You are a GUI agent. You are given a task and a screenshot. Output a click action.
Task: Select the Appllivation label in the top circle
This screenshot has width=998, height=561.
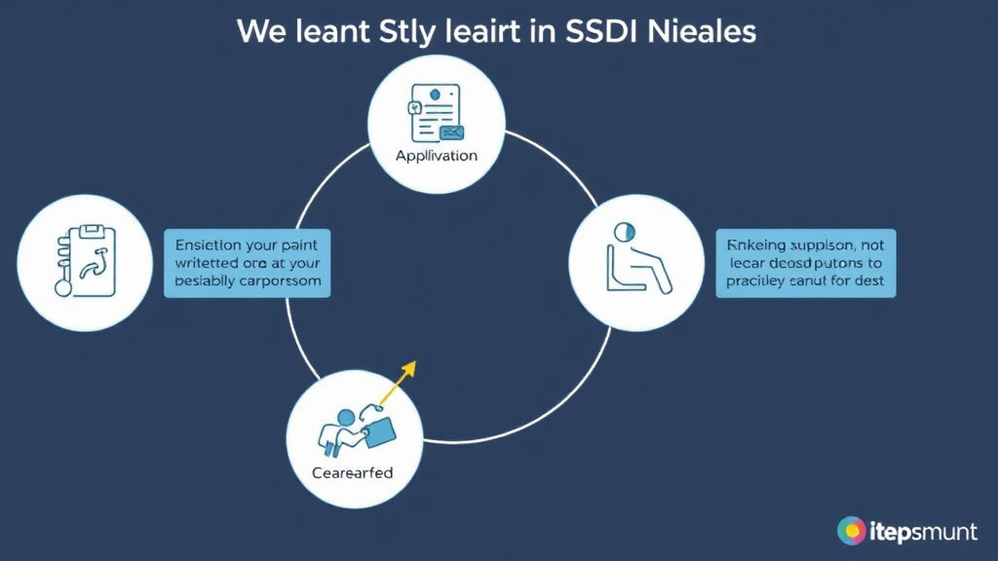[x=436, y=156]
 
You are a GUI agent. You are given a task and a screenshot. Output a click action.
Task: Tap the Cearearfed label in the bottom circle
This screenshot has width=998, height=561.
[x=353, y=473]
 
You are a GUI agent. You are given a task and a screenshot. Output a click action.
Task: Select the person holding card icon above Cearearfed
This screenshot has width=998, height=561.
[x=356, y=426]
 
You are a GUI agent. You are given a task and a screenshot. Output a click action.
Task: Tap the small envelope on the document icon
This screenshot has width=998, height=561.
[x=451, y=131]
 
